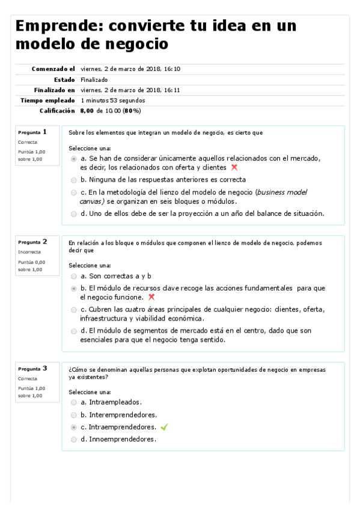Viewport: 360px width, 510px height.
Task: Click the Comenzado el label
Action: pos(53,69)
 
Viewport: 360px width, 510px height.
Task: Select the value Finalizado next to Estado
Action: pos(94,79)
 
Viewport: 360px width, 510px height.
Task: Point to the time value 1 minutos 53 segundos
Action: pos(112,100)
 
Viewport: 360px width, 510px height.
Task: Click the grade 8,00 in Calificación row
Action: pos(87,111)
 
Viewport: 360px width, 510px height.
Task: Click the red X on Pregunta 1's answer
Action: pos(234,168)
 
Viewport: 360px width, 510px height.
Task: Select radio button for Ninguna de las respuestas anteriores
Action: pos(74,180)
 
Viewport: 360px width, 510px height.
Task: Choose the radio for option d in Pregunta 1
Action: pos(74,214)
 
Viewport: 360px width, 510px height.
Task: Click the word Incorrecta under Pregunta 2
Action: pos(28,252)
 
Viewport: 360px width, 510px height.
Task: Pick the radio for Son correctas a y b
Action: pos(74,276)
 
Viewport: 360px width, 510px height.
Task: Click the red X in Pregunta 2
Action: pos(151,297)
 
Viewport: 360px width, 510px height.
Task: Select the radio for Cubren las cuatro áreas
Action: pos(74,310)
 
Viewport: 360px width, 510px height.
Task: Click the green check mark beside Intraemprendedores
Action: pos(164,427)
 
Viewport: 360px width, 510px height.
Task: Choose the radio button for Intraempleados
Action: pos(74,402)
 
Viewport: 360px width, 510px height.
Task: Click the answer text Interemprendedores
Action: pos(123,414)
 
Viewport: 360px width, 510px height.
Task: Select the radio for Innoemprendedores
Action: pos(74,440)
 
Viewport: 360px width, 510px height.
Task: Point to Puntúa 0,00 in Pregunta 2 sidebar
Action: pos(31,262)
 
